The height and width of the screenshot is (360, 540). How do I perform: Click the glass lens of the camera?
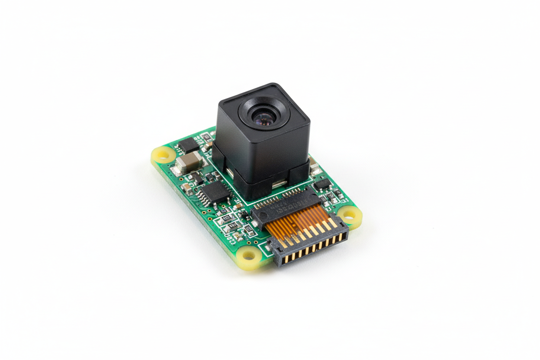point(263,117)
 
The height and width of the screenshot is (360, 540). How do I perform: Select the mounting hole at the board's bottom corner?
point(248,255)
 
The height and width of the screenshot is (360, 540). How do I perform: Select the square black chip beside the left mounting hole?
point(189,145)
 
